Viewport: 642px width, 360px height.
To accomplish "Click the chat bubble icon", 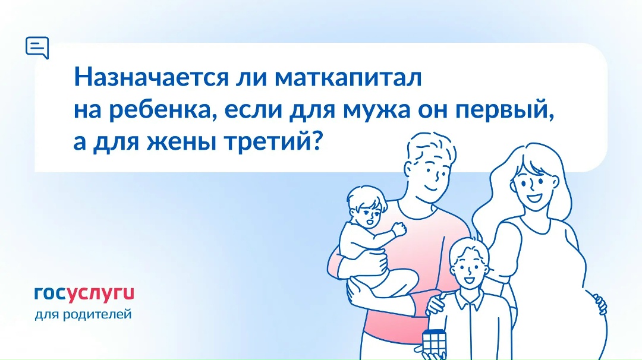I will tap(37, 47).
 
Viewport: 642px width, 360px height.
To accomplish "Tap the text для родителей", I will tap(83, 314).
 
